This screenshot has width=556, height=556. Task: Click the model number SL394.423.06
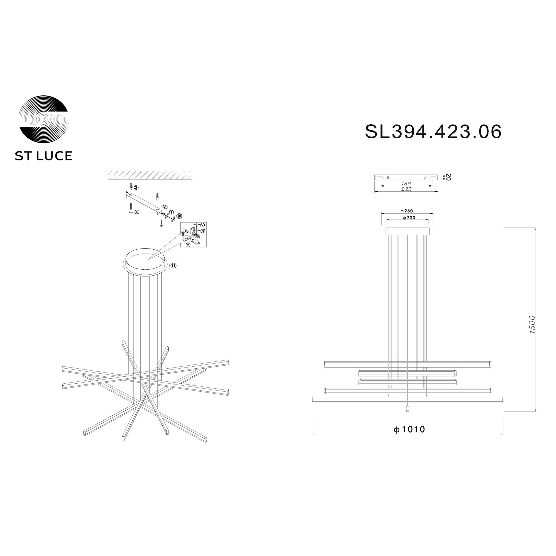(x=433, y=132)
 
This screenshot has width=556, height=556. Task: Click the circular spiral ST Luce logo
(x=43, y=120)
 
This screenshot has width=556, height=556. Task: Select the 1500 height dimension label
(x=532, y=325)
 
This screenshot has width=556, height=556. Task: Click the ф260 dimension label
(x=407, y=211)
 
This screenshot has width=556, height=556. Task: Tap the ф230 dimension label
(x=409, y=218)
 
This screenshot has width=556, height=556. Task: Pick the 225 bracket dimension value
(x=406, y=189)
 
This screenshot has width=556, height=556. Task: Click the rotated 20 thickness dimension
(x=448, y=177)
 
